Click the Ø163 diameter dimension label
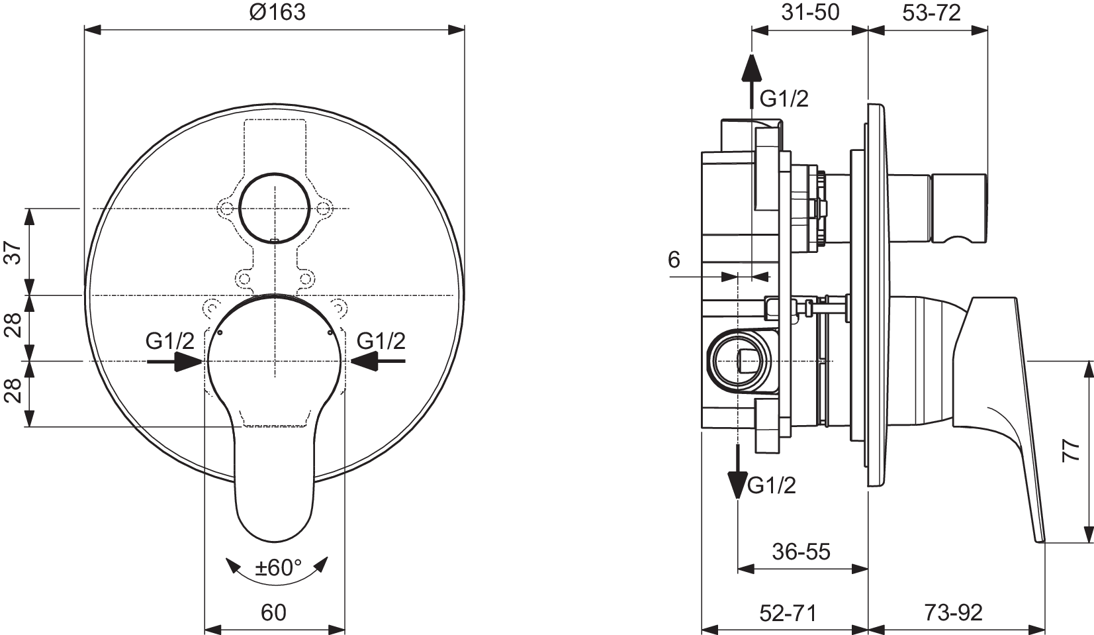click(x=277, y=12)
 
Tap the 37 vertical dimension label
click(x=14, y=252)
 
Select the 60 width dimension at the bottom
click(x=273, y=612)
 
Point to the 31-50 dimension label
click(x=810, y=12)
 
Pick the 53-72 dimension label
click(x=931, y=13)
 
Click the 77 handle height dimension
click(x=1071, y=451)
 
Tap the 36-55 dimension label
click(x=801, y=552)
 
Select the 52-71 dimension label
click(x=788, y=612)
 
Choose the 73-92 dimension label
click(x=953, y=612)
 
